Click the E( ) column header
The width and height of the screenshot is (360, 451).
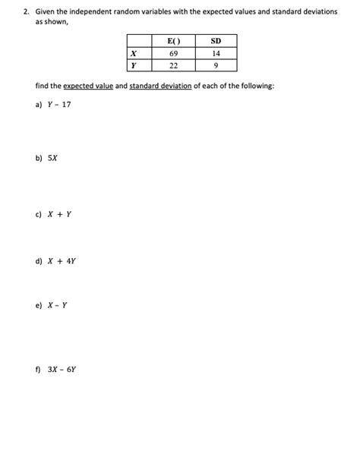[x=172, y=42]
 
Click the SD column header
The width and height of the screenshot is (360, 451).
[x=217, y=42]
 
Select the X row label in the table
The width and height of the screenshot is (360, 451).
[x=134, y=53]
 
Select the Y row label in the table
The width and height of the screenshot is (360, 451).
[x=134, y=65]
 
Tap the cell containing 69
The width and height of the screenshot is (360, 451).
[x=172, y=53]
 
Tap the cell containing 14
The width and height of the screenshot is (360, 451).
[x=217, y=53]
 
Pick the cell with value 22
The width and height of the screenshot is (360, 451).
[x=172, y=65]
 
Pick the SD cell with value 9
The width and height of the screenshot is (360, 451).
[x=217, y=65]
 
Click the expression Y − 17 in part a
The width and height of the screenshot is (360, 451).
[x=60, y=104]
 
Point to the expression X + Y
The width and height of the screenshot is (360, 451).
[x=60, y=213]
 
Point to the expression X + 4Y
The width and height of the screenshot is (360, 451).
[x=62, y=260]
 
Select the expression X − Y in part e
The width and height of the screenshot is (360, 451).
[x=58, y=306]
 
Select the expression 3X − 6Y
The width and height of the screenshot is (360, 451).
[x=62, y=369]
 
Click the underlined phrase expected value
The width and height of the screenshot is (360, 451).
[x=88, y=87]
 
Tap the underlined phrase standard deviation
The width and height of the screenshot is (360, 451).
[x=161, y=87]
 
